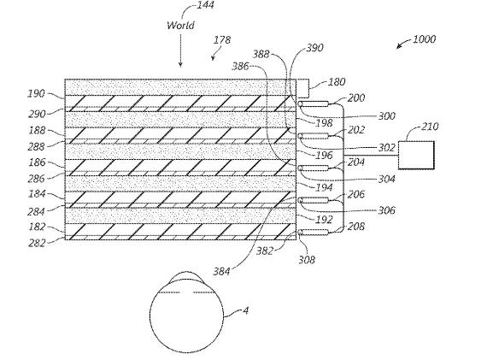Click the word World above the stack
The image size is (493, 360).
(x=180, y=25)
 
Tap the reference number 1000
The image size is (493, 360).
(x=424, y=39)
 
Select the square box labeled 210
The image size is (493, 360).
(x=416, y=155)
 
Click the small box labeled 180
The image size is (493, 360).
(x=302, y=88)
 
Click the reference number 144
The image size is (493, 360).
(x=205, y=5)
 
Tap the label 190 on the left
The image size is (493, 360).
(x=37, y=93)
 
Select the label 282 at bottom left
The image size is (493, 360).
(x=37, y=243)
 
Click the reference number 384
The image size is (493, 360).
(x=221, y=271)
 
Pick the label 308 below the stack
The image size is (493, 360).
(x=307, y=260)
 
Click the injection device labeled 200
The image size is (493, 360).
(x=314, y=103)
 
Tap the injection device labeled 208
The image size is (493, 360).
(x=314, y=233)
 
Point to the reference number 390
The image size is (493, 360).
(x=314, y=48)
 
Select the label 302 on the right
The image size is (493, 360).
(x=386, y=148)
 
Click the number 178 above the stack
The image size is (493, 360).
(x=222, y=40)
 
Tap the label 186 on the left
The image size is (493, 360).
(x=37, y=162)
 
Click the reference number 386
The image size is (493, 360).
(x=241, y=66)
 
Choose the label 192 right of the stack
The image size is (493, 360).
(x=324, y=220)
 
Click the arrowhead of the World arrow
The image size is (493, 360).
(x=180, y=65)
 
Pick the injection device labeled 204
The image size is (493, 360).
(x=314, y=168)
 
